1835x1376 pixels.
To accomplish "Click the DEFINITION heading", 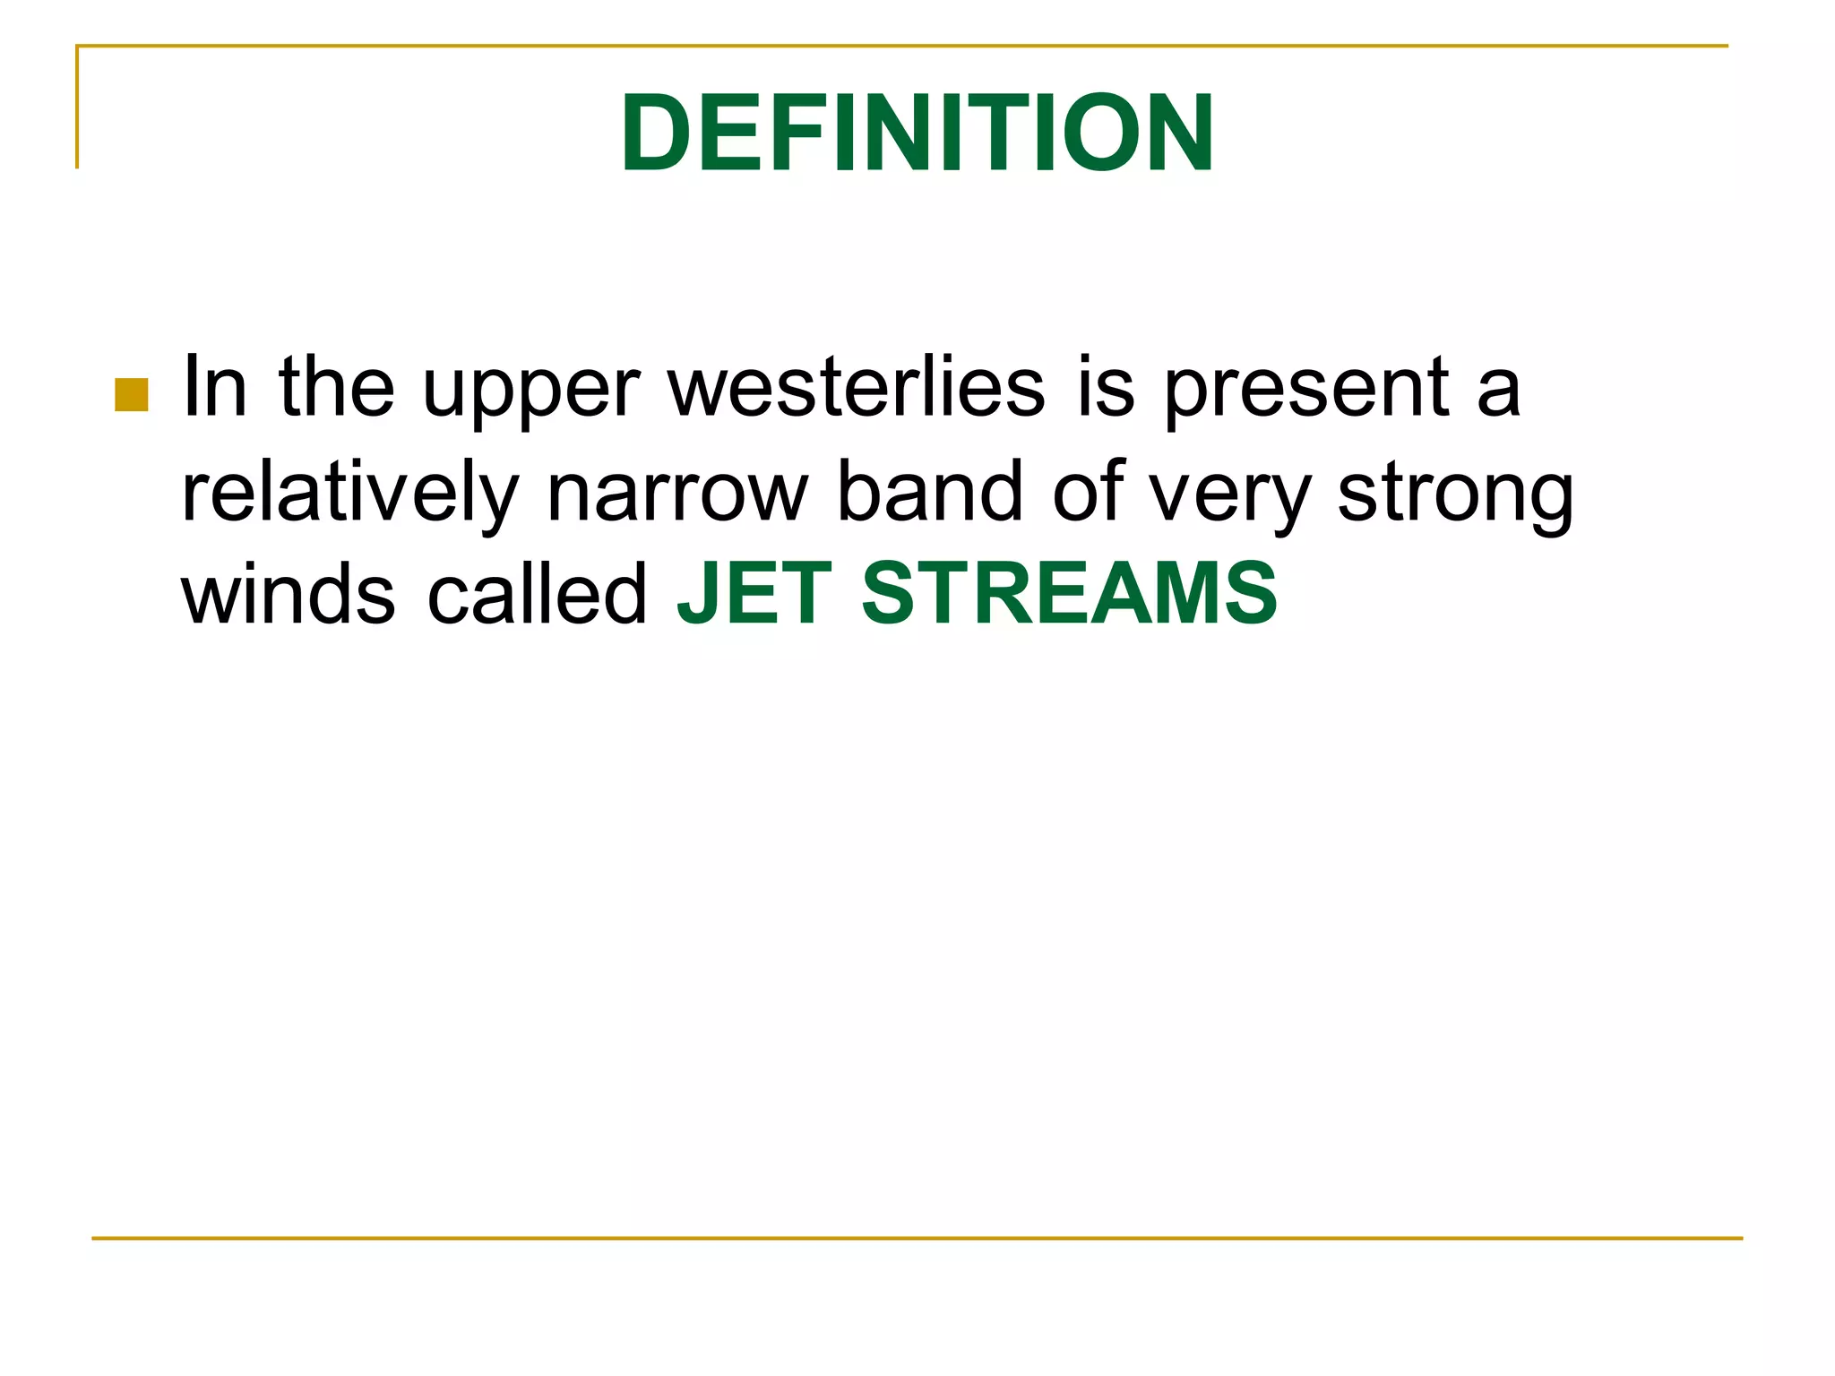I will coord(917,133).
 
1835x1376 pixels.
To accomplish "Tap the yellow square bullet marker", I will coord(132,395).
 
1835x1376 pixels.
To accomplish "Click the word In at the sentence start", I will coord(214,387).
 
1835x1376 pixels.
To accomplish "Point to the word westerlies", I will coord(857,387).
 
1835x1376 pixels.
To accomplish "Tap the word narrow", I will coord(677,494).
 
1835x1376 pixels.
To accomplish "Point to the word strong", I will coord(1455,498).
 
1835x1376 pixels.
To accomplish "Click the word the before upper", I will coord(336,387).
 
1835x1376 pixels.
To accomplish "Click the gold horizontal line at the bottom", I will coord(917,1238).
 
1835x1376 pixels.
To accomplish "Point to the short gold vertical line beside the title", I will coord(77,107).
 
